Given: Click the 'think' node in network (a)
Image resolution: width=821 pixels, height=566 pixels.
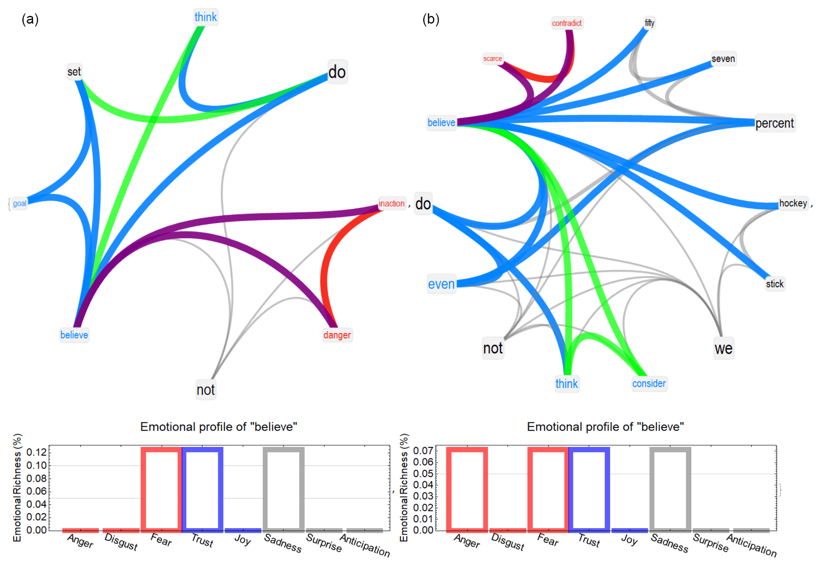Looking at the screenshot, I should pos(205,17).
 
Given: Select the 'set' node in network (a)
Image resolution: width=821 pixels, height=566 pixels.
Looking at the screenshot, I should pos(74,72).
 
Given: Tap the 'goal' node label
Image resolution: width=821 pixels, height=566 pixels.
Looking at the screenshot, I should pos(19,203).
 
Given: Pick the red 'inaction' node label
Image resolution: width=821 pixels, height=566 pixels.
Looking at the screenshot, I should pos(391,203).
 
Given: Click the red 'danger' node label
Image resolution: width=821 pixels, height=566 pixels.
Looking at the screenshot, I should pos(337,335).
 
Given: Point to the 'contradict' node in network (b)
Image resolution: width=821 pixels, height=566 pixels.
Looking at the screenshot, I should pos(567,23).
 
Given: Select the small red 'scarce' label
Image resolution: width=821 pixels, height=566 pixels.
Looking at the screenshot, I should pos(492,58).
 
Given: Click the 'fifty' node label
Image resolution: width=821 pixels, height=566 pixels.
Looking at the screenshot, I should pos(649,23).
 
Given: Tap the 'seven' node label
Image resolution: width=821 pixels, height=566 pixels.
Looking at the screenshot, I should pos(723,58).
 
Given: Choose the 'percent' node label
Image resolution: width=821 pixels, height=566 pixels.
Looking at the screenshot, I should pos(775,123).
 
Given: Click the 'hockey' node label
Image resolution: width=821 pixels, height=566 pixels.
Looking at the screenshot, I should pos(793,203).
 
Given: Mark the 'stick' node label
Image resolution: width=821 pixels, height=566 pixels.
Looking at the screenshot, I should pos(775,284).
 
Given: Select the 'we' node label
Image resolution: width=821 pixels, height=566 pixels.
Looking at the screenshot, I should pos(723,348).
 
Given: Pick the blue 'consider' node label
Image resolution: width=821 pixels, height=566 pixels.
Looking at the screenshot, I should pos(649,383).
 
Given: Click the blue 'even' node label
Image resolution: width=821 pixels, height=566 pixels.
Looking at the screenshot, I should pos(441,284).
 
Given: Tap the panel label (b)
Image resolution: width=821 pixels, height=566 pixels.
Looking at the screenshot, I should pos(430,19).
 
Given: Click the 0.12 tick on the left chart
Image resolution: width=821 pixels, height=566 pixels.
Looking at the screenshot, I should pos(37,452).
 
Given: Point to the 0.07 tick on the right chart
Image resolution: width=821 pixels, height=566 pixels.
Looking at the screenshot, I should pos(423,450).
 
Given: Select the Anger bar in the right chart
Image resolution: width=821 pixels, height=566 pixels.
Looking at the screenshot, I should pos(467,489).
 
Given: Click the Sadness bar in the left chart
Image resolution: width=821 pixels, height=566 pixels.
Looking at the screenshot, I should pos(284,489).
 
